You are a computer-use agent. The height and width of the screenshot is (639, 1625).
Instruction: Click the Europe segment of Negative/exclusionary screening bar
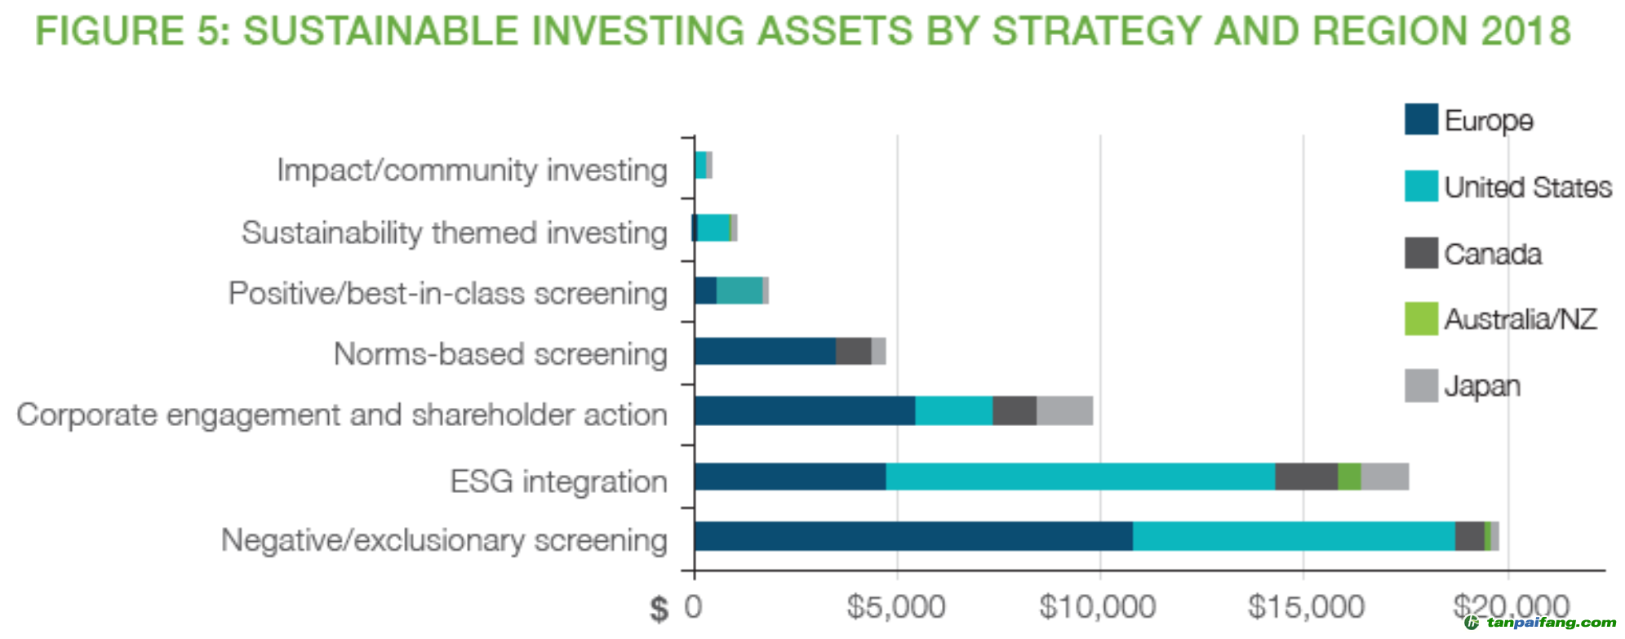913,536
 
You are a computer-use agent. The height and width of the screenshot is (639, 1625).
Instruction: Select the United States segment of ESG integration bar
1081,477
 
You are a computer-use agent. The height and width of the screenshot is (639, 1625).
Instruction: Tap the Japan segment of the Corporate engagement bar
1065,410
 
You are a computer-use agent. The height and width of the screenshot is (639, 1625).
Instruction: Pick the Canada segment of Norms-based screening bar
854,351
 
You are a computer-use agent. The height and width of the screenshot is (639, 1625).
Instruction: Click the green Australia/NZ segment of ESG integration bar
1349,477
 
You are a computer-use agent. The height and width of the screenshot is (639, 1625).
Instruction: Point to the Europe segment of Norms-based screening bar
765,351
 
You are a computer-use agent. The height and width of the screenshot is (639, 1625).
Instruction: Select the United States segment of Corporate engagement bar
954,410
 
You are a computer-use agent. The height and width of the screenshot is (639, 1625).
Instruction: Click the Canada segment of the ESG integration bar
1307,477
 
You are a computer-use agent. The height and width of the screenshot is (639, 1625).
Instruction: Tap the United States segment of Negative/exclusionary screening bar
1294,536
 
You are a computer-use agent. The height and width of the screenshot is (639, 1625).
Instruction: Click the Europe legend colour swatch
1421,119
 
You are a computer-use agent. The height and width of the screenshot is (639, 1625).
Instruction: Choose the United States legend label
1528,187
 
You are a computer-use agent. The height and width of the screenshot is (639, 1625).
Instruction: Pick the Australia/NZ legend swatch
1421,318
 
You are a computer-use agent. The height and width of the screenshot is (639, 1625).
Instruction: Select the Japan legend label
1482,386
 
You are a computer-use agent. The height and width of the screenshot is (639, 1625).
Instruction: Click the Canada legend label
1493,254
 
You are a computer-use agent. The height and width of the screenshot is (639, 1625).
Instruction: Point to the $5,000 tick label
895,606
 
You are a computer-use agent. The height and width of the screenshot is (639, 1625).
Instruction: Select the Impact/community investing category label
472,170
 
